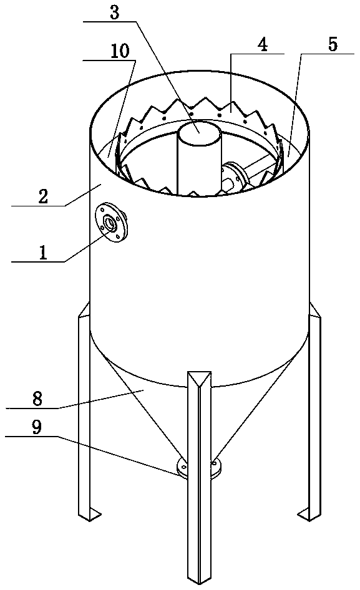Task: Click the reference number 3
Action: pyautogui.click(x=114, y=12)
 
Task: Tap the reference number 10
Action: pyautogui.click(x=120, y=51)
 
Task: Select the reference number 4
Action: pyautogui.click(x=262, y=45)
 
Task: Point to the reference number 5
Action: pyautogui.click(x=333, y=45)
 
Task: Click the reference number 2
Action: pyautogui.click(x=43, y=196)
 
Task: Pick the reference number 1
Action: pyautogui.click(x=43, y=253)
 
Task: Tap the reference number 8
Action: pyautogui.click(x=37, y=399)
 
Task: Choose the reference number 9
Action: pyautogui.click(x=37, y=428)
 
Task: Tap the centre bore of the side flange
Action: pyautogui.click(x=110, y=223)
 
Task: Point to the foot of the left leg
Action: pyautogui.click(x=90, y=514)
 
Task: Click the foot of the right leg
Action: pyautogui.click(x=310, y=515)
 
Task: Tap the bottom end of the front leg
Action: pyautogui.click(x=199, y=581)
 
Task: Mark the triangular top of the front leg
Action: pyautogui.click(x=200, y=377)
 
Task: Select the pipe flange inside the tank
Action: pyautogui.click(x=234, y=176)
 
